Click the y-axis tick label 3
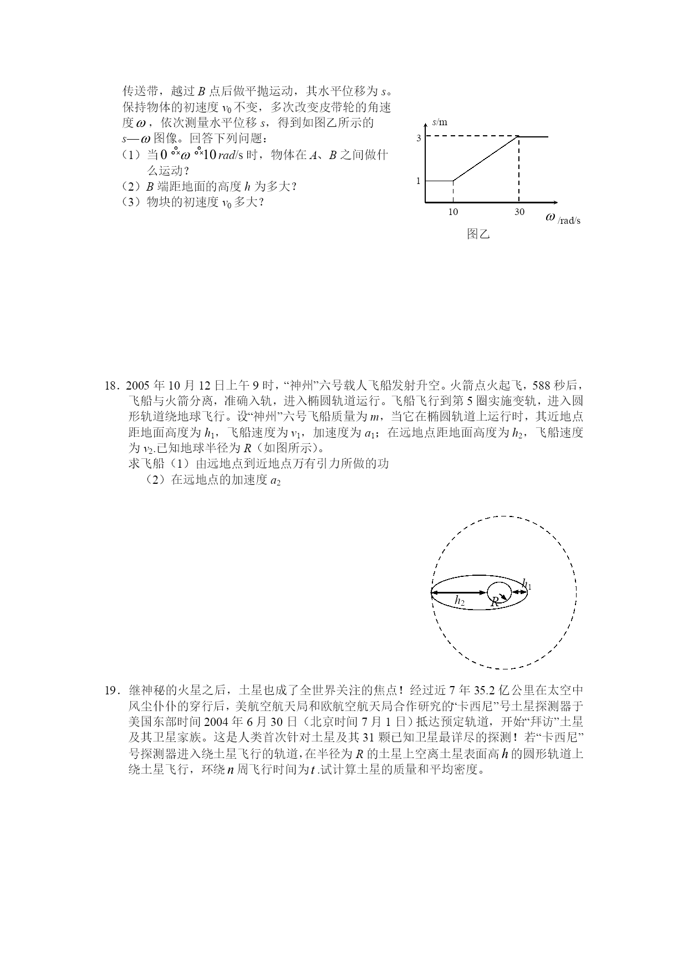coord(419,138)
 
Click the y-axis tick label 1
coord(419,181)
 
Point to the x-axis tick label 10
coord(453,212)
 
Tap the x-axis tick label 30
coord(519,212)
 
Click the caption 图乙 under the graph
coord(478,233)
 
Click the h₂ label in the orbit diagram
coord(460,600)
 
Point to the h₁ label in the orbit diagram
coord(527,584)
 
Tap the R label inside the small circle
coord(495,601)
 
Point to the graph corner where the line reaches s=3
coord(518,136)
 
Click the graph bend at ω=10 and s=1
coord(453,181)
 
